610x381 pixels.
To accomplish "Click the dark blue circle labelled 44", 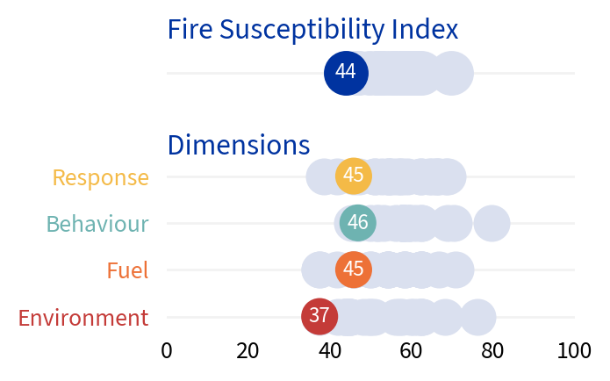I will (346, 73).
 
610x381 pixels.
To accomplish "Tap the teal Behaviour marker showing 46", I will (357, 223).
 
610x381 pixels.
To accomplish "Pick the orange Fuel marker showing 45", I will (354, 270).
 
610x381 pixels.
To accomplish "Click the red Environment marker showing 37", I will (319, 316).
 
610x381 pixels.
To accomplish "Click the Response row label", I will (101, 177).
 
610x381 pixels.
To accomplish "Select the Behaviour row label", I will (97, 224).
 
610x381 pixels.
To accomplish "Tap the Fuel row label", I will (127, 270).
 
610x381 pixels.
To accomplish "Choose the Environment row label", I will (83, 318).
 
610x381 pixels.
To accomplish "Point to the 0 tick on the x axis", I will (167, 351).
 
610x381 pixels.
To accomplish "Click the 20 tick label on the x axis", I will (248, 351).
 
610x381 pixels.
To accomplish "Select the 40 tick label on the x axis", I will (330, 351).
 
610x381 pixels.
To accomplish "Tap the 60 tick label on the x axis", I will (412, 351).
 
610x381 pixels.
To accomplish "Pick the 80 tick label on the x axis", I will (493, 351).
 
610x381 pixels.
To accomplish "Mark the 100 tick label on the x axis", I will (574, 351).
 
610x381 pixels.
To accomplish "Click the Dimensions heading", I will (238, 145).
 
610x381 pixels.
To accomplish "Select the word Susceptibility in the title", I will (303, 30).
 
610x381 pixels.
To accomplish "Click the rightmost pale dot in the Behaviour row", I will (492, 223).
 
